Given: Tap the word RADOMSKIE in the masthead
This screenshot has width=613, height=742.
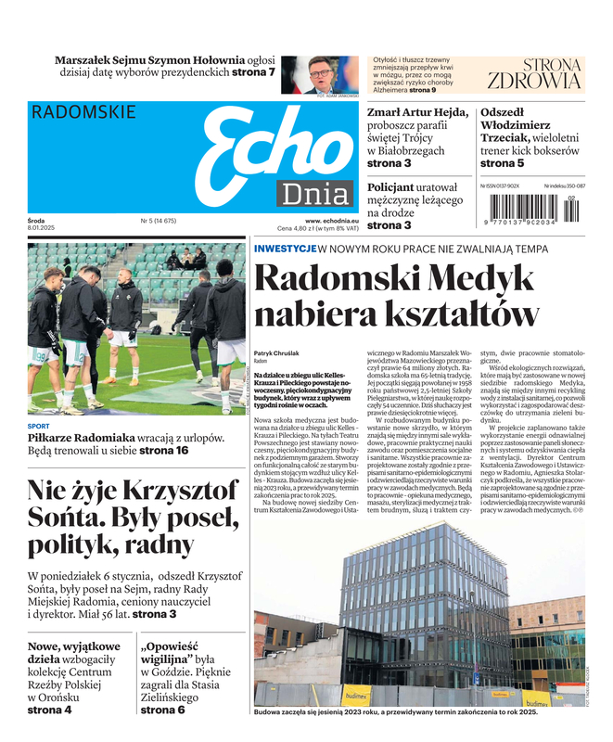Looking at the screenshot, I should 83,112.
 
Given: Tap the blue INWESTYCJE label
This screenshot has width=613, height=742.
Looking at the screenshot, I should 285,249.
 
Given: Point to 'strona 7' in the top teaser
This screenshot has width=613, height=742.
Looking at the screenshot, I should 252,72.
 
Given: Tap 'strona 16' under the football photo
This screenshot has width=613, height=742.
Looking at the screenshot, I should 162,450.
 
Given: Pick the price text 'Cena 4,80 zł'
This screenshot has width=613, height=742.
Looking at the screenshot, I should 306,229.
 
